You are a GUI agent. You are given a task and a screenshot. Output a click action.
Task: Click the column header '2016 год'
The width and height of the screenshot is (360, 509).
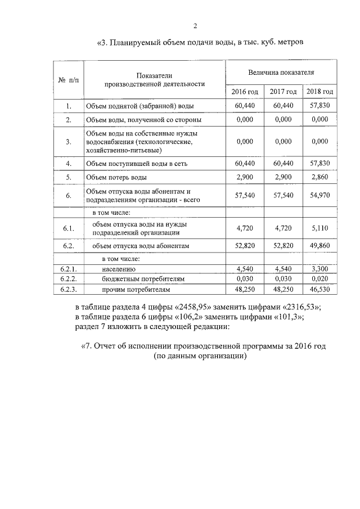coord(245,92)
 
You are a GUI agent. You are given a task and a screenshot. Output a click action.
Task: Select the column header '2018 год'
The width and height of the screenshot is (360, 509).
coord(319,92)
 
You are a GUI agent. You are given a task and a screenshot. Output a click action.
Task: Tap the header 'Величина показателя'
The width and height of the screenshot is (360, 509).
coord(281,73)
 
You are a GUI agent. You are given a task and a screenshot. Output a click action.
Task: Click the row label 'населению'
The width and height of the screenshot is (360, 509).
coord(118,269)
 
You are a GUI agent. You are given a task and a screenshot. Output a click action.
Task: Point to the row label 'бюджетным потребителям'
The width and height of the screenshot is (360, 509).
coord(143,280)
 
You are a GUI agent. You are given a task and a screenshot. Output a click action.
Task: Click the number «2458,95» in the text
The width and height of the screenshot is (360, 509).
coord(200,307)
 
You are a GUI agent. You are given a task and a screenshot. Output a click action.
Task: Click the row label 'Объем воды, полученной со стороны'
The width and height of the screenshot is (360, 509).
coord(143,120)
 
